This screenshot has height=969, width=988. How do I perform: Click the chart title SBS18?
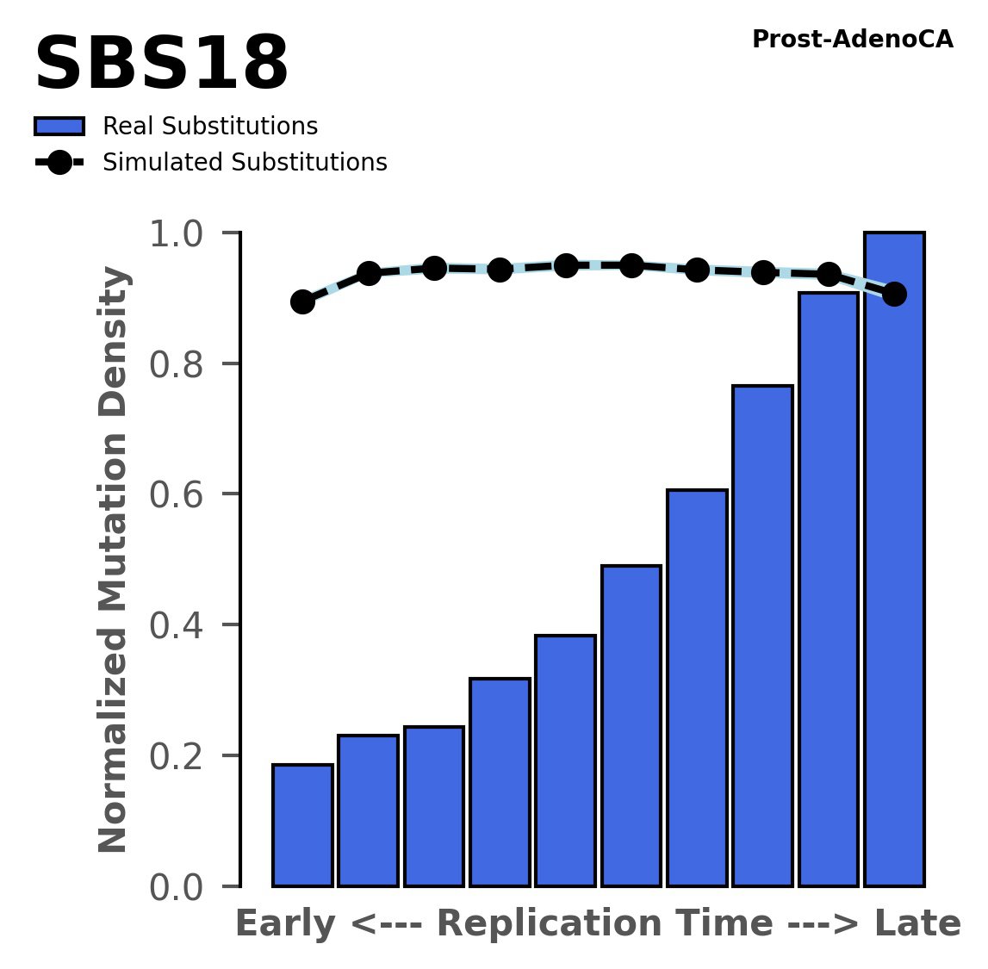(161, 65)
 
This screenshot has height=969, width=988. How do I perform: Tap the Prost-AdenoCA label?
(852, 40)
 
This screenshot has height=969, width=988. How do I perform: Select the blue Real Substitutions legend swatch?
(59, 127)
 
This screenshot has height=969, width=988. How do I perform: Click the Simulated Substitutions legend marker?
(59, 163)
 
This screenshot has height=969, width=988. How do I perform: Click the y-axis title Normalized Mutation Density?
(114, 560)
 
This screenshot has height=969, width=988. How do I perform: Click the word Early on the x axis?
(286, 924)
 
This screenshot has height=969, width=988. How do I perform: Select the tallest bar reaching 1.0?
(894, 560)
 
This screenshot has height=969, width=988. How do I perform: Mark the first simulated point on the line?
(302, 301)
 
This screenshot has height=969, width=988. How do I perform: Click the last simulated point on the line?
(894, 294)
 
